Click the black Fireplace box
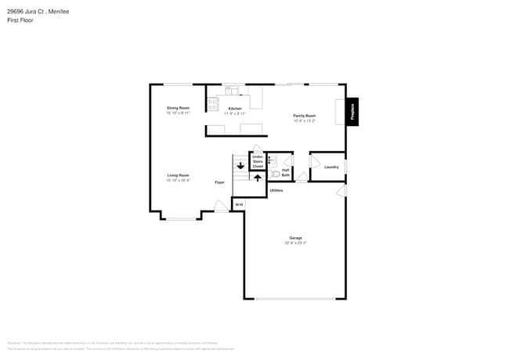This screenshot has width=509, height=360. pyautogui.click(x=352, y=111)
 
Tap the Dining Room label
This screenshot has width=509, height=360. pyautogui.click(x=178, y=108)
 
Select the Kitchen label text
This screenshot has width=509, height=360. pyautogui.click(x=235, y=109)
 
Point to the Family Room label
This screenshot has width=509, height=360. pyautogui.click(x=304, y=116)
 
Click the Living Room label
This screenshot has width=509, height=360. pyautogui.click(x=178, y=175)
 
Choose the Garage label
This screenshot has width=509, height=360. pyautogui.click(x=295, y=238)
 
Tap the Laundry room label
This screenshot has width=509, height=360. pyautogui.click(x=331, y=167)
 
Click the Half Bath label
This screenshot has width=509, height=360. pyautogui.click(x=286, y=172)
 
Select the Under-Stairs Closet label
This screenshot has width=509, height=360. pyautogui.click(x=258, y=162)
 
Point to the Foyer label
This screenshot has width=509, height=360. pyautogui.click(x=220, y=182)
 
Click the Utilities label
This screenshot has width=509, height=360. pyautogui.click(x=276, y=190)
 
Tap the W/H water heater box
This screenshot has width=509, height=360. pyautogui.click(x=239, y=204)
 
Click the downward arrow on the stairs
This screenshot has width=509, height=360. pyautogui.click(x=240, y=166)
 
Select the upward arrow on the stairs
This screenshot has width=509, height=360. pyautogui.click(x=258, y=178)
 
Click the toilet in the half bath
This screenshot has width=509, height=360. pyautogui.click(x=275, y=174)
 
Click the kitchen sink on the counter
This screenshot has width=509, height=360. pyautogui.click(x=231, y=92)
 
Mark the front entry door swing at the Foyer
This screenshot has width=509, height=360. pyautogui.click(x=222, y=206)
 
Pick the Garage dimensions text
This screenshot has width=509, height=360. pyautogui.click(x=295, y=243)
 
